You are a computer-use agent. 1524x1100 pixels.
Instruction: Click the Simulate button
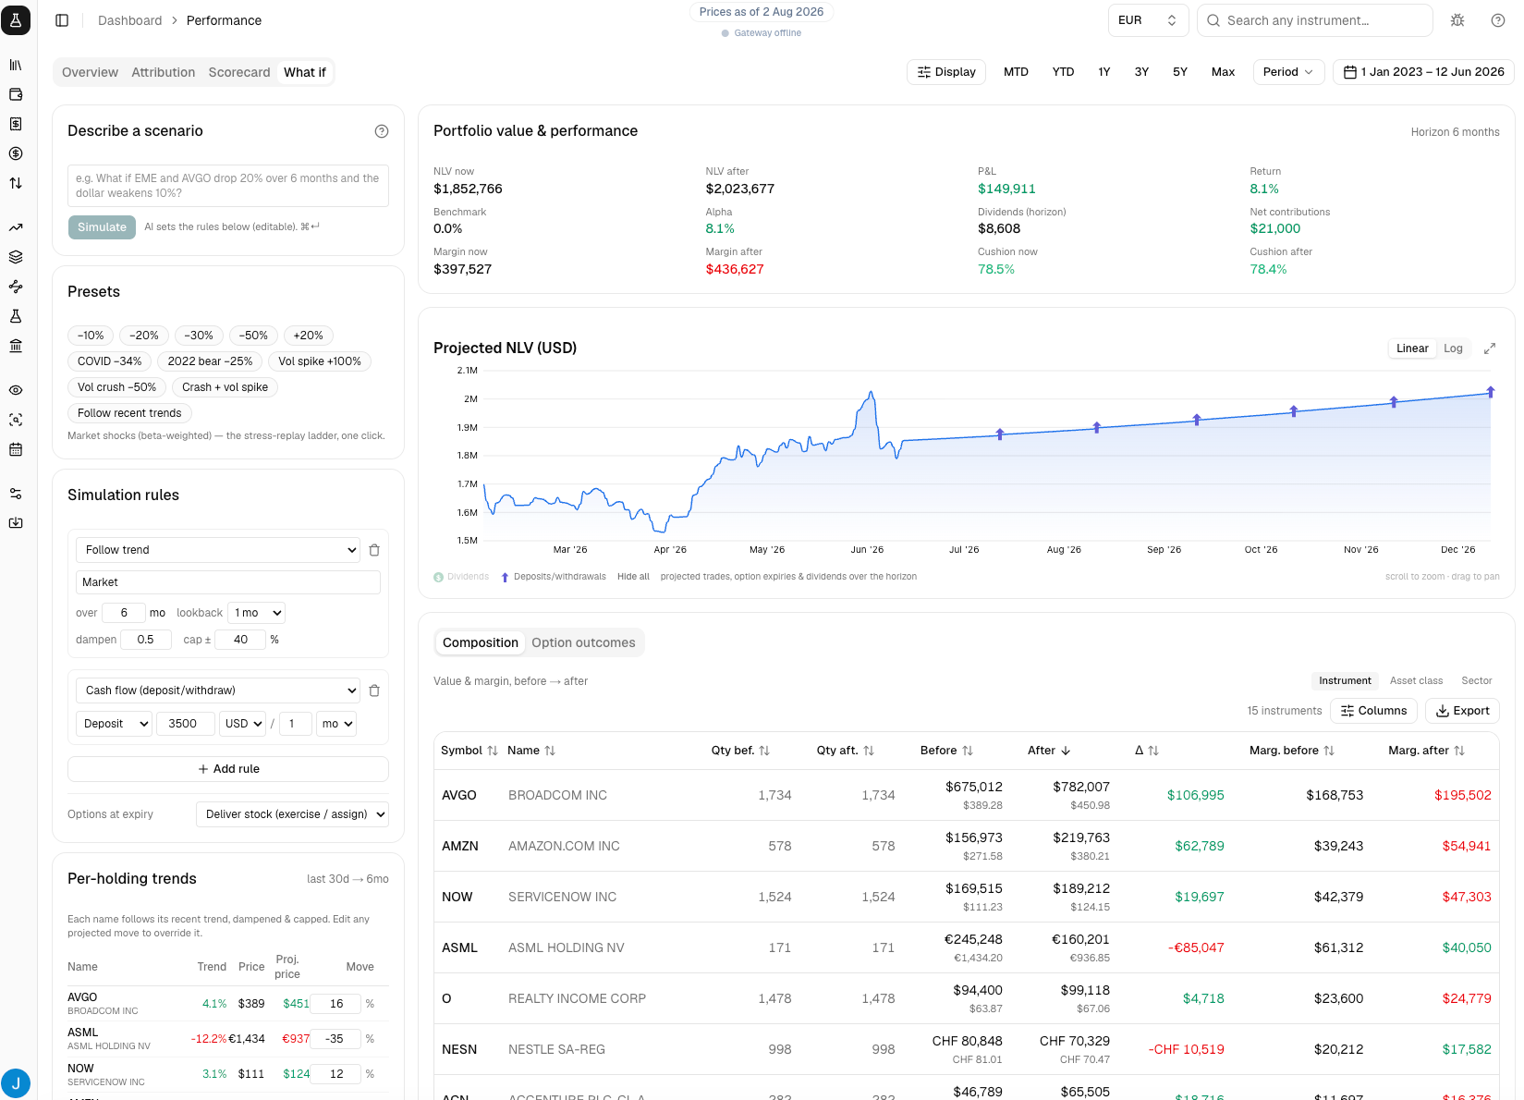click(102, 226)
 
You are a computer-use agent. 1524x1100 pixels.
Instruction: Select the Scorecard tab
click(238, 72)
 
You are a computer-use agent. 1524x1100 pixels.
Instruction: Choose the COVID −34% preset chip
click(110, 361)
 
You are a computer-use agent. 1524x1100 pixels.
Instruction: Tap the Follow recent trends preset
click(129, 413)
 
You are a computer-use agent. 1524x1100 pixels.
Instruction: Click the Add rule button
click(228, 768)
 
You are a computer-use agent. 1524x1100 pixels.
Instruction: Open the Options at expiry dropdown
click(292, 814)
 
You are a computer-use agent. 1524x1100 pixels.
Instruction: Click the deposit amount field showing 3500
click(185, 724)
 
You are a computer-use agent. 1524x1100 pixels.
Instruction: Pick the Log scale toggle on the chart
click(1453, 348)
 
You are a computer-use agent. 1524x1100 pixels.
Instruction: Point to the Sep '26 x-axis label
click(1164, 549)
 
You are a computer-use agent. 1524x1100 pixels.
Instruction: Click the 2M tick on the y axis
click(470, 399)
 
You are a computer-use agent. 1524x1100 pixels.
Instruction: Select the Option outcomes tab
click(583, 642)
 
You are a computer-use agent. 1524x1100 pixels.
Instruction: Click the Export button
click(1462, 711)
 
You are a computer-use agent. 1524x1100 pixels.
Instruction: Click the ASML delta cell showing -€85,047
click(1195, 947)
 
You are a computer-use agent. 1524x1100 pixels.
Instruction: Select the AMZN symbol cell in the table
click(460, 846)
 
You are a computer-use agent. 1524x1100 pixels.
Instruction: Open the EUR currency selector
click(1147, 20)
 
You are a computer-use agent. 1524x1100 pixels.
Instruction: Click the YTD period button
click(1063, 72)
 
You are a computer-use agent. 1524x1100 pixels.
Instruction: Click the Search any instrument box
click(1314, 20)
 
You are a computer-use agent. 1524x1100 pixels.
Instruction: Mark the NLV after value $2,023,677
click(739, 189)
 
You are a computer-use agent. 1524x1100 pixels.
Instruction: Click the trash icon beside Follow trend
click(374, 550)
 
